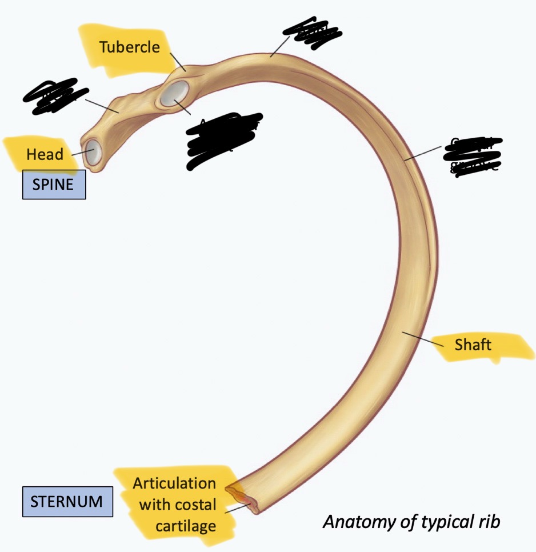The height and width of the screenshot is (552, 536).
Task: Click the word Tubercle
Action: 129,47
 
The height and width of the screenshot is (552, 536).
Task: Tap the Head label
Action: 45,154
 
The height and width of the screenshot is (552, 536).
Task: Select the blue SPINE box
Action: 54,185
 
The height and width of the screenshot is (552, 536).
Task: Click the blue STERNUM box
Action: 67,502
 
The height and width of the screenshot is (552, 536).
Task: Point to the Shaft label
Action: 473,345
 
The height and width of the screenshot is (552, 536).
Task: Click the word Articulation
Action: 174,483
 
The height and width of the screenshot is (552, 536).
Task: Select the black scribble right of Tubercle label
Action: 312,35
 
